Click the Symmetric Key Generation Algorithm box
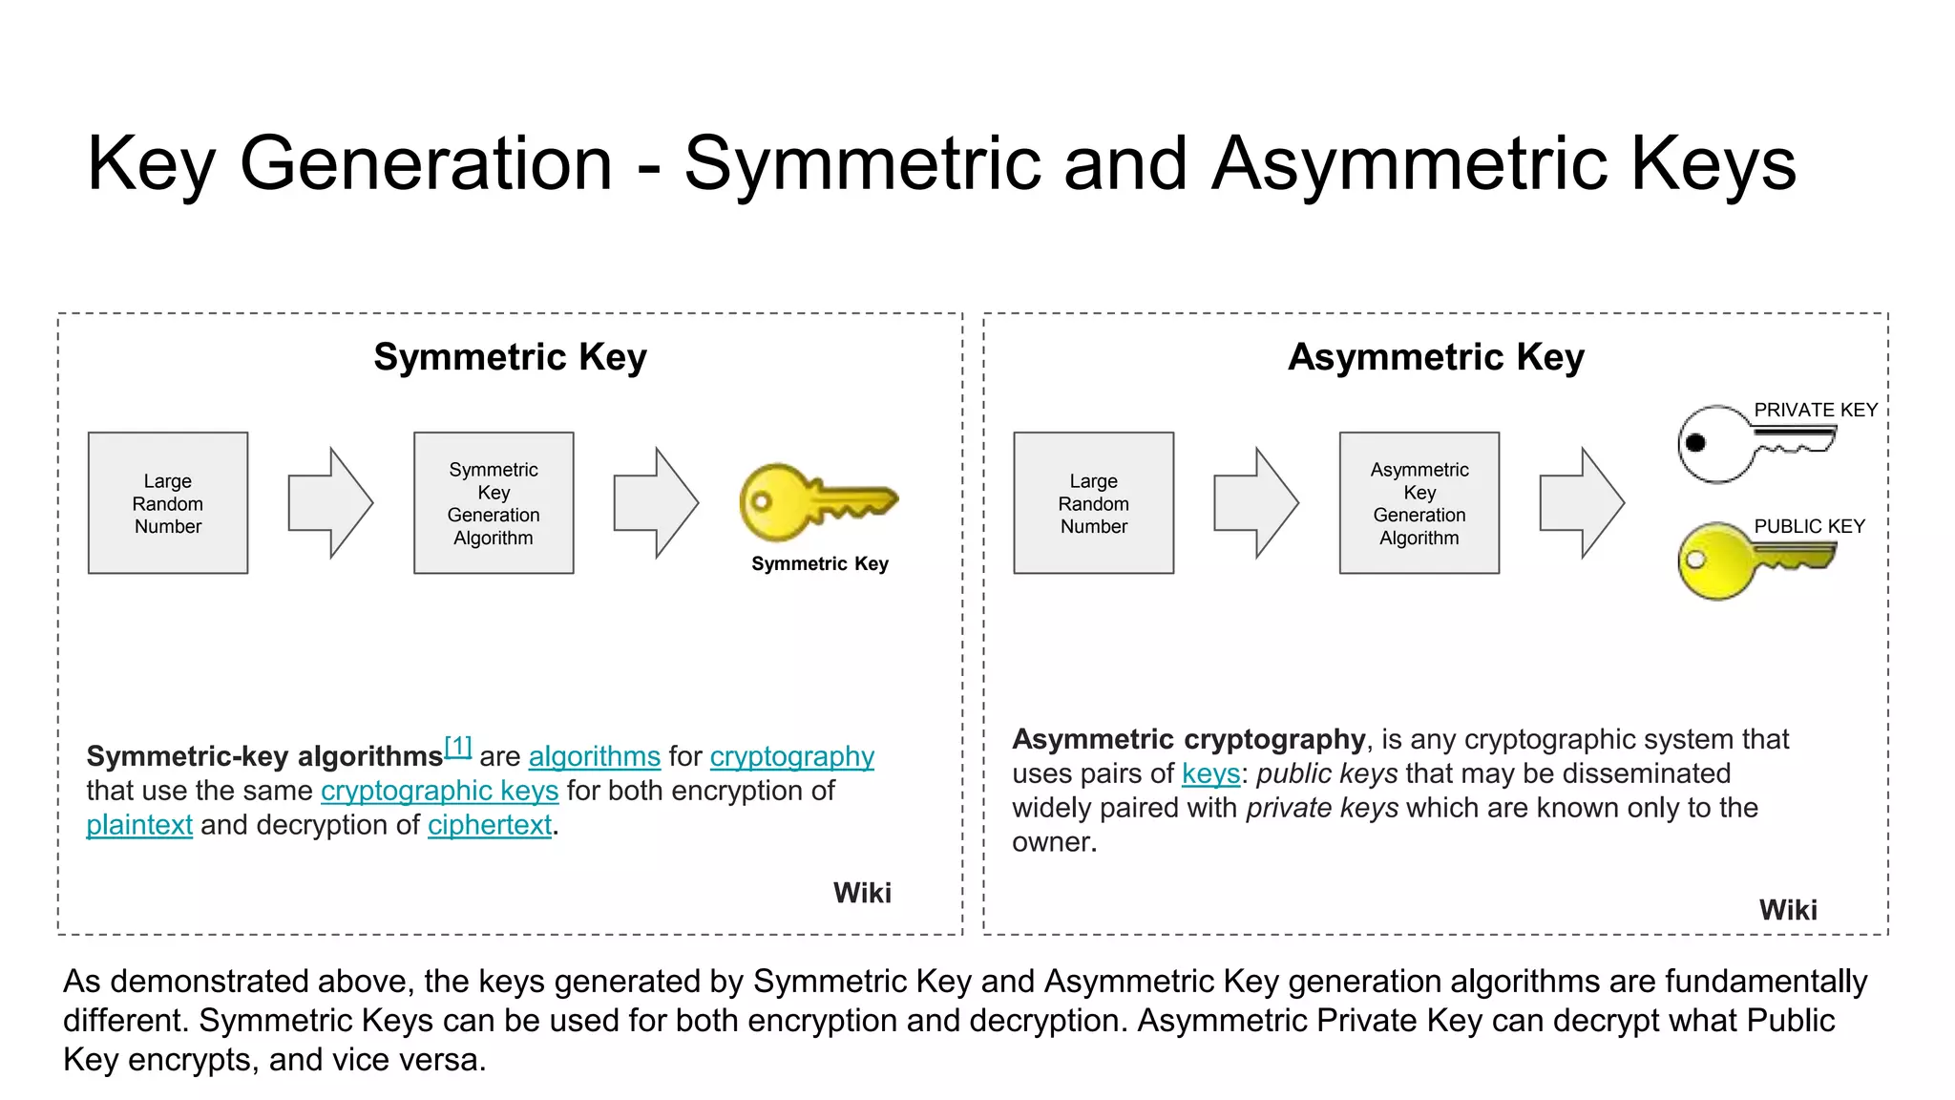494,503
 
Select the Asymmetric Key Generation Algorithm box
1419,503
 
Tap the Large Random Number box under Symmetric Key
168,503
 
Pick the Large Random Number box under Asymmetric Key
1094,503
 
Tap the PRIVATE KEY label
1816,411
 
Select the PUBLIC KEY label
1809,527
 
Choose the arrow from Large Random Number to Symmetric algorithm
329,503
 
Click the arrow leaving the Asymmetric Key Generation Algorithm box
1581,503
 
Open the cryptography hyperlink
791,757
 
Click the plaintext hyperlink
139,826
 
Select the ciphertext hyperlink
490,826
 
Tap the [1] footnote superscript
458,747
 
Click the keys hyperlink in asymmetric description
1210,774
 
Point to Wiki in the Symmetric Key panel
862,894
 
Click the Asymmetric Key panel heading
1436,358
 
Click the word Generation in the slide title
426,164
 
